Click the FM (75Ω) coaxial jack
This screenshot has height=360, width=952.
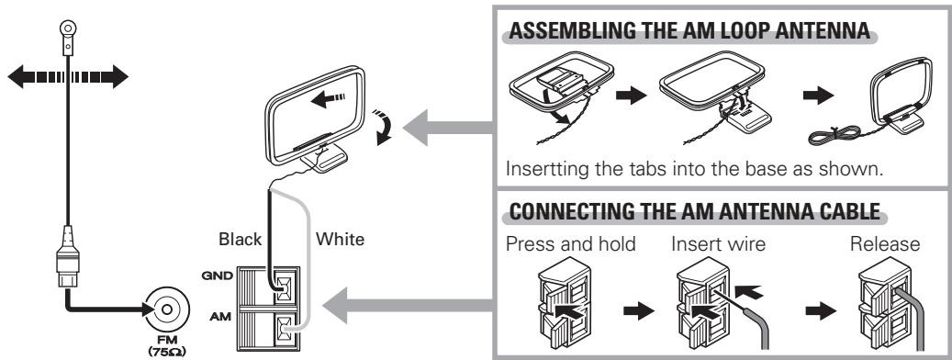167,309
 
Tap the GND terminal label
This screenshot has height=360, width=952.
217,276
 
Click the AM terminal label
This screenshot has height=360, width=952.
220,317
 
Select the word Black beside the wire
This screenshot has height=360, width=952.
241,239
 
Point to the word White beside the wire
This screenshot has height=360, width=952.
340,239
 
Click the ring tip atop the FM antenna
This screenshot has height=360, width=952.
67,28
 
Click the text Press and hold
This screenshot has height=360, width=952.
570,244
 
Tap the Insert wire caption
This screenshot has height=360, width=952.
718,244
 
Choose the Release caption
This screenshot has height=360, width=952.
885,244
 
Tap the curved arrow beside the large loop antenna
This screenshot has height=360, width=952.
382,126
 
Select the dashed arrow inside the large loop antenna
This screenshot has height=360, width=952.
328,97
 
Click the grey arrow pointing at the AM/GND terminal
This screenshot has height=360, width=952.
407,306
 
